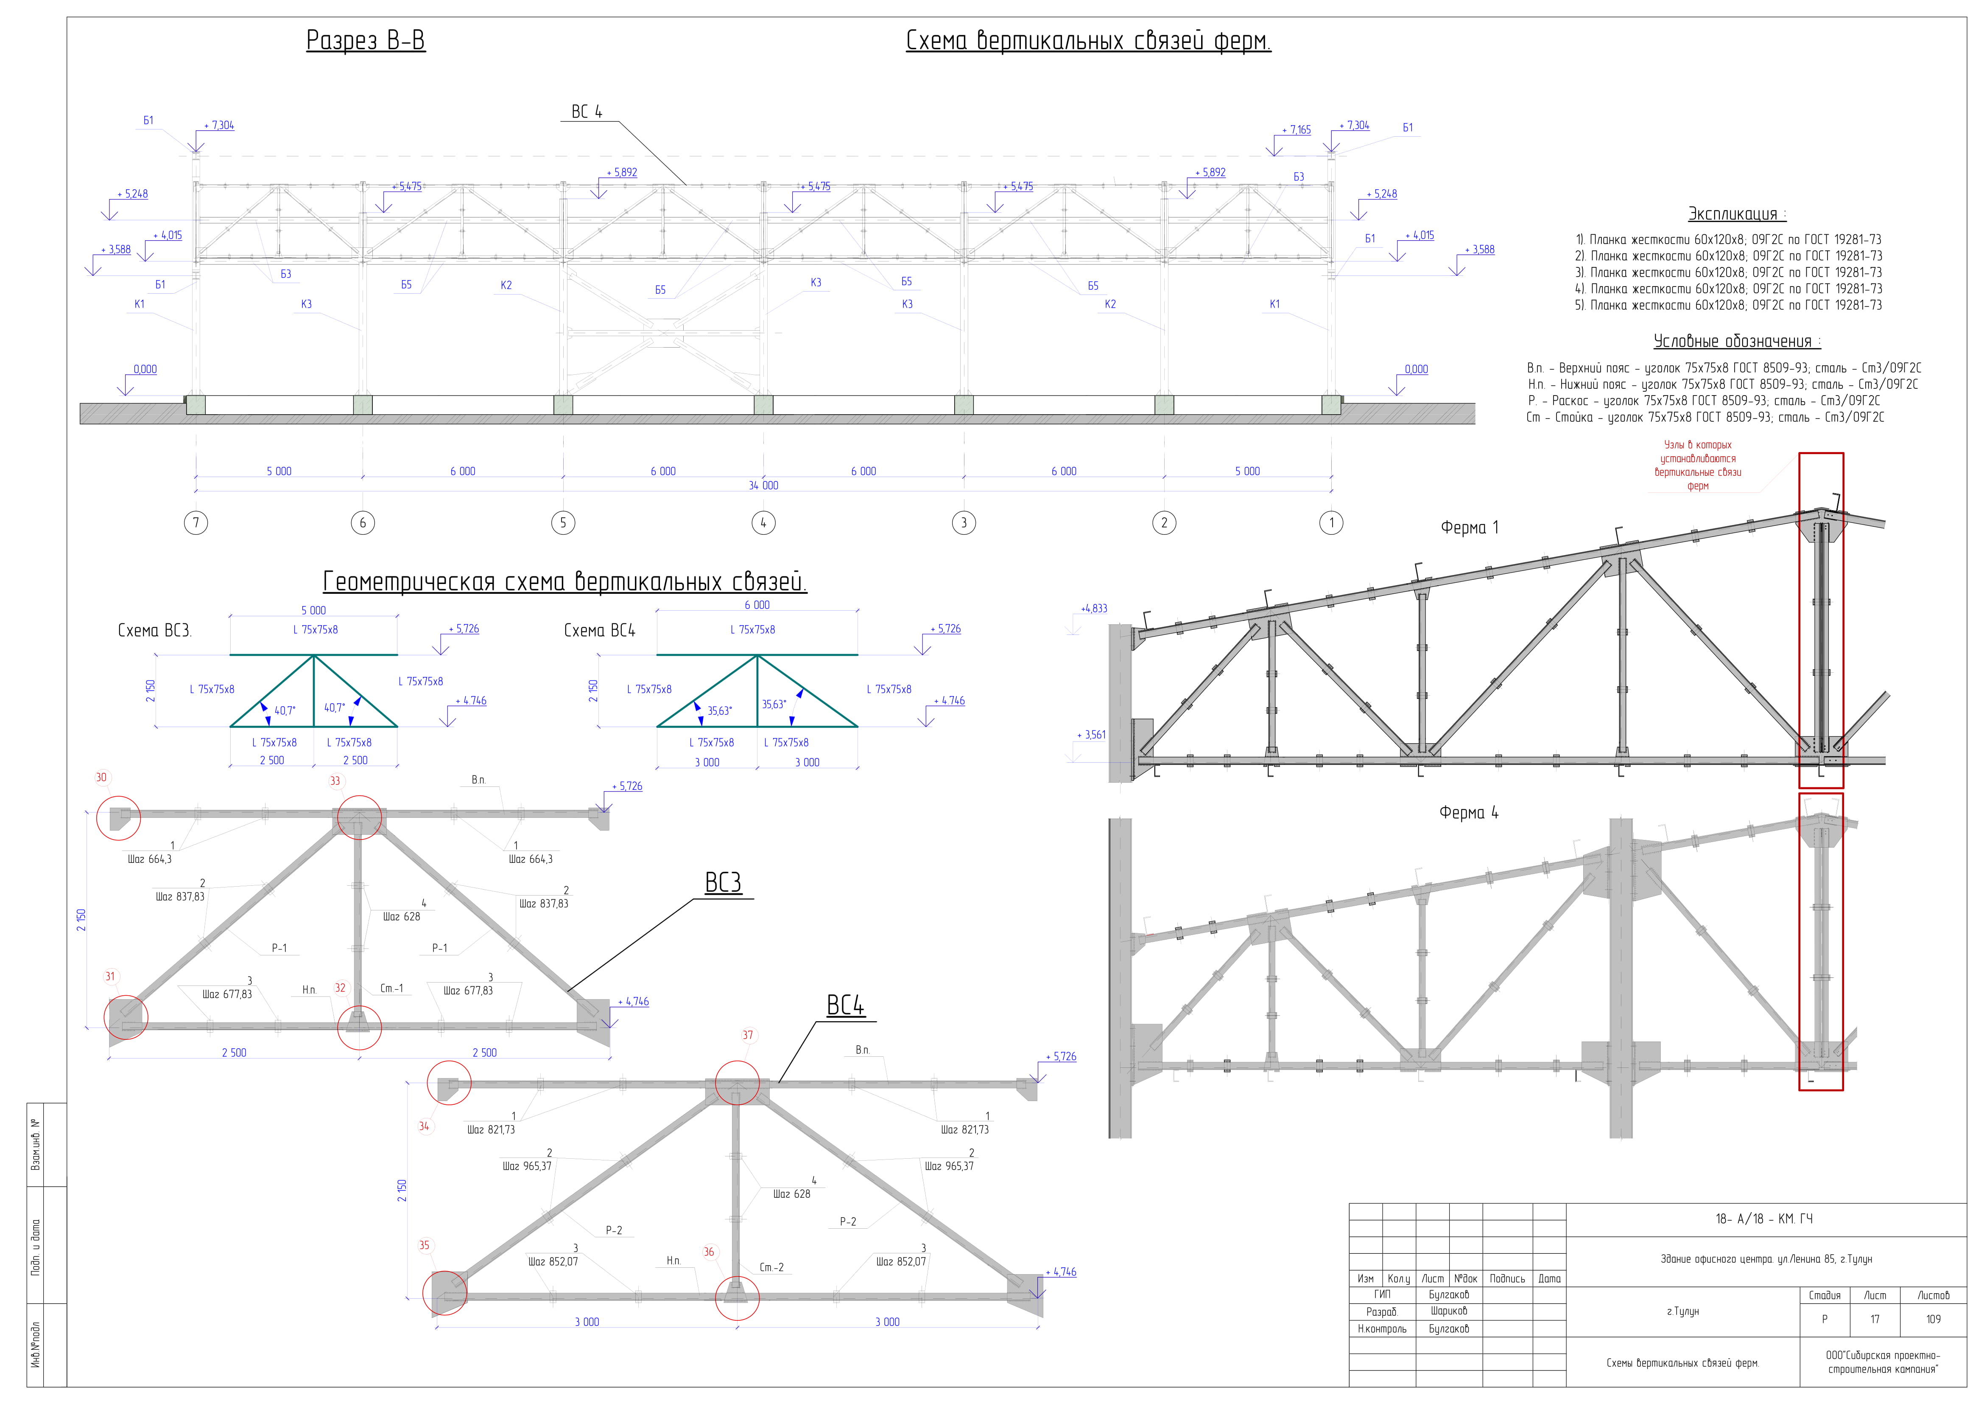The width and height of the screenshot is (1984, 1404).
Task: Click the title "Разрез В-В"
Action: [x=366, y=41]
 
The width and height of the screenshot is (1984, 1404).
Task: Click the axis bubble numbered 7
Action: [x=196, y=522]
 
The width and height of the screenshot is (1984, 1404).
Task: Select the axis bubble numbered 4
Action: [x=763, y=522]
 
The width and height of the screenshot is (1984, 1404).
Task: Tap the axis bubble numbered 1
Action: [x=1332, y=522]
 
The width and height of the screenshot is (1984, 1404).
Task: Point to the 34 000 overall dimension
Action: [x=763, y=485]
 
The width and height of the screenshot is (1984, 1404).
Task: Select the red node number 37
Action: [x=747, y=1035]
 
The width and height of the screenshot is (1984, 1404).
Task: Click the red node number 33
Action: [x=335, y=781]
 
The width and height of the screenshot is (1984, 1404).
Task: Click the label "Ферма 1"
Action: [x=1470, y=528]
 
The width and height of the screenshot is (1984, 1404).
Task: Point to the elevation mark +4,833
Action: [x=1094, y=609]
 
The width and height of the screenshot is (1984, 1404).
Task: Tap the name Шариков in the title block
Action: [x=1448, y=1311]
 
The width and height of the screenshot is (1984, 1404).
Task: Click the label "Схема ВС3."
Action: [x=155, y=630]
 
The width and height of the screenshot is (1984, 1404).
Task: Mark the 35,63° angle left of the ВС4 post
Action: [x=719, y=710]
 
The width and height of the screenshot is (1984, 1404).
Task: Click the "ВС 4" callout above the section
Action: [x=587, y=112]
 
